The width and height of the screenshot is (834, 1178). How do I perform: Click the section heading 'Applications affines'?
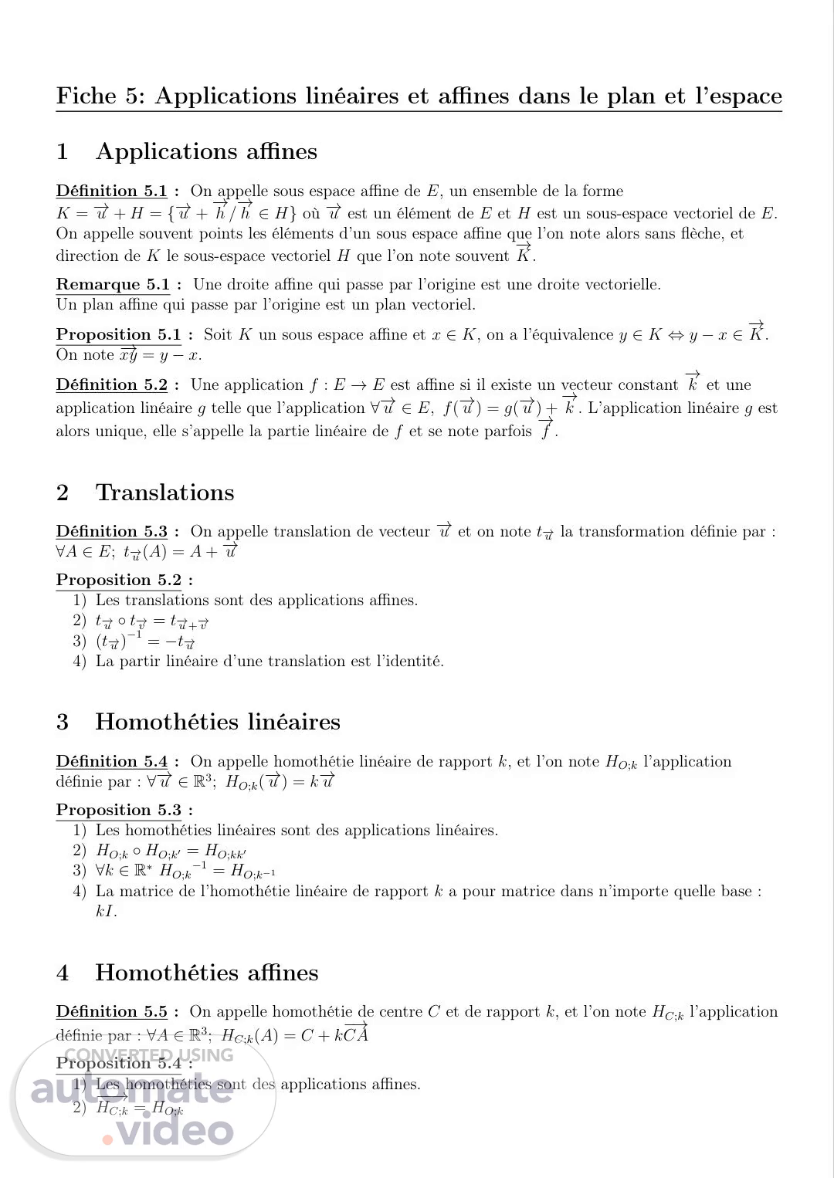pyautogui.click(x=206, y=151)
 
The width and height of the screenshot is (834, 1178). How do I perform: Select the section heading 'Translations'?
pyautogui.click(x=164, y=493)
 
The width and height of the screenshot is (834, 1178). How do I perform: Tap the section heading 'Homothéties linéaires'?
pyautogui.click(x=218, y=722)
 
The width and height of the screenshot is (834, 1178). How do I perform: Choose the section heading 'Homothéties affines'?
pyautogui.click(x=207, y=973)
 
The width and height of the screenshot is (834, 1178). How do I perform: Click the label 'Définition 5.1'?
pyautogui.click(x=112, y=191)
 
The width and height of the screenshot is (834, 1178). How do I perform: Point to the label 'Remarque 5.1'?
pyautogui.click(x=114, y=285)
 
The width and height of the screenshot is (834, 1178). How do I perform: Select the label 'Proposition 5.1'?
pyautogui.click(x=119, y=335)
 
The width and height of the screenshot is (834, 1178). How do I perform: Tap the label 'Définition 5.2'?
pyautogui.click(x=112, y=385)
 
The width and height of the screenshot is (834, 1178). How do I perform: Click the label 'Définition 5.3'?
pyautogui.click(x=112, y=532)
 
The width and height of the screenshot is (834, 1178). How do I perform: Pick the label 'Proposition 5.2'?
pyautogui.click(x=119, y=581)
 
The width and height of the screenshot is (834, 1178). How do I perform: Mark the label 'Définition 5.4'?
pyautogui.click(x=112, y=762)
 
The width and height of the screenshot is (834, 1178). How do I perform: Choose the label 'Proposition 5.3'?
pyautogui.click(x=119, y=811)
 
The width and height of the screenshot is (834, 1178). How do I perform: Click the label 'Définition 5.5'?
pyautogui.click(x=112, y=1012)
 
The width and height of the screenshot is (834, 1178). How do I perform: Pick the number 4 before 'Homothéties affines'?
pyautogui.click(x=63, y=973)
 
